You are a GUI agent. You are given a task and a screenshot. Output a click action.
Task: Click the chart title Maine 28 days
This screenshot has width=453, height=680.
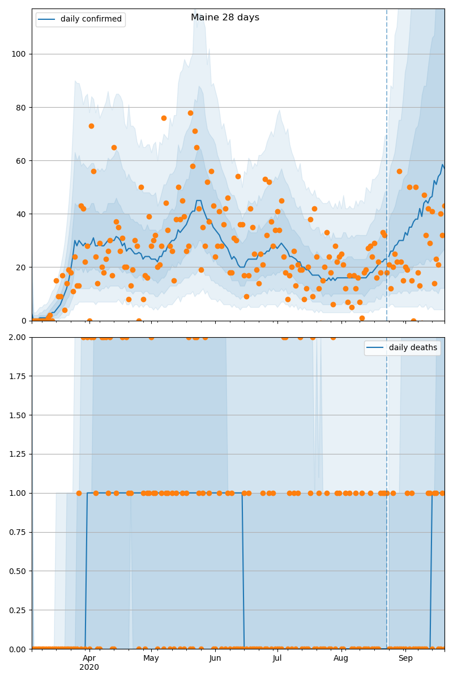(225, 18)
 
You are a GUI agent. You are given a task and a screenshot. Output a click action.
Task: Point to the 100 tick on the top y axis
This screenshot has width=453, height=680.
(20, 54)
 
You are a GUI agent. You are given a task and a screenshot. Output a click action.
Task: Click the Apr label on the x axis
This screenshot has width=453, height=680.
(89, 658)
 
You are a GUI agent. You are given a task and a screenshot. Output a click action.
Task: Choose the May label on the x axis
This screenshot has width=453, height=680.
(151, 658)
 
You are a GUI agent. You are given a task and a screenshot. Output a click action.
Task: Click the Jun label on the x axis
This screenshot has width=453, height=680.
(215, 658)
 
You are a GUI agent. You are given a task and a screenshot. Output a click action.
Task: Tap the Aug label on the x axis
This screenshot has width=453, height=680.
(341, 658)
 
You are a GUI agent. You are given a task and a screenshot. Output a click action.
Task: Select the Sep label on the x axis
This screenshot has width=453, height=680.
(405, 658)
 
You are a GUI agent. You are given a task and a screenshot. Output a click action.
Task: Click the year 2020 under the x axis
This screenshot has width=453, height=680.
(89, 668)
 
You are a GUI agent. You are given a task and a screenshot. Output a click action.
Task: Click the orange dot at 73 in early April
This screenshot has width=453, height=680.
(91, 126)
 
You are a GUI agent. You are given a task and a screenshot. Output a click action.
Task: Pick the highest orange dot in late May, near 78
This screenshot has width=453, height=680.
(190, 113)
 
